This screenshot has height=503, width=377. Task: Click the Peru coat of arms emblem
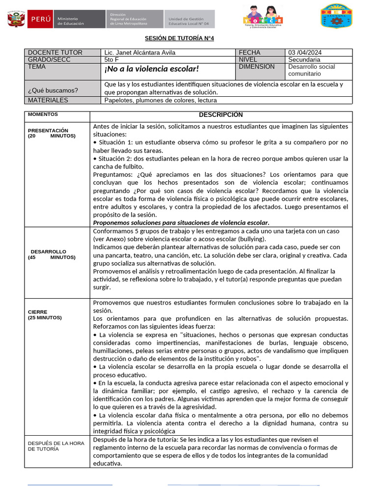tap(16, 20)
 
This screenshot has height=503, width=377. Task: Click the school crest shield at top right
tap(336, 17)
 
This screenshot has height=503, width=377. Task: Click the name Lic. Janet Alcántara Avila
tap(140, 53)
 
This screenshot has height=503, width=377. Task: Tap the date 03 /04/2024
tap(305, 53)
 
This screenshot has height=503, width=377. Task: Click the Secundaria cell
tap(304, 60)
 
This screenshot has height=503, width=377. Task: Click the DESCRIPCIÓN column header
tap(220, 115)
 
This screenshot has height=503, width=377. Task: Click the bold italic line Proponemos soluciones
tap(181, 223)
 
